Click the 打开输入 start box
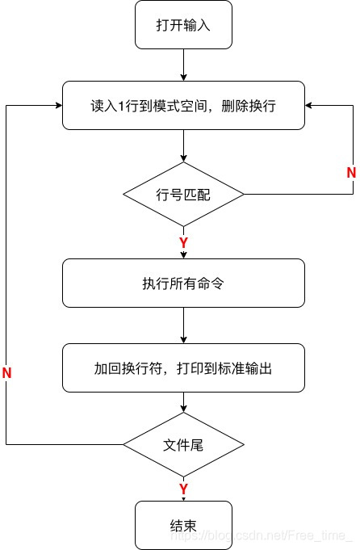pos(183,24)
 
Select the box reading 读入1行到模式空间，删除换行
pos(183,105)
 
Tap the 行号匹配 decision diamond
pos(183,194)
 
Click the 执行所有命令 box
pos(183,283)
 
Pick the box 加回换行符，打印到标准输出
pos(183,367)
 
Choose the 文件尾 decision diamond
pos(183,444)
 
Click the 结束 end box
pos(183,525)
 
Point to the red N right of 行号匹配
pos(351,172)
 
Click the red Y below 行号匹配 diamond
pos(183,242)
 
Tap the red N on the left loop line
pos(7,373)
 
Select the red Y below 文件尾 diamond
pos(183,489)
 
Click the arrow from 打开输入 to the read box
pos(184,65)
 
